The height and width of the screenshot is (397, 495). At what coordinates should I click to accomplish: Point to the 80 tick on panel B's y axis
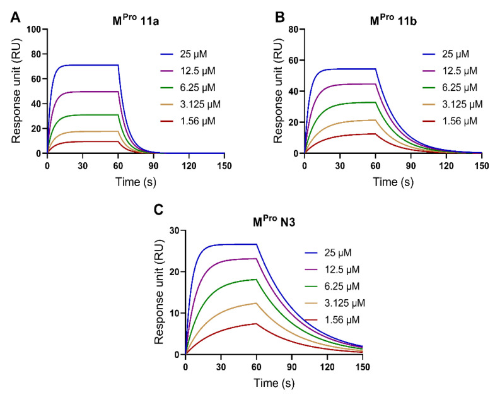(293, 30)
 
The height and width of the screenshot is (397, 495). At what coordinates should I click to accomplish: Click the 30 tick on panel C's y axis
(174, 230)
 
